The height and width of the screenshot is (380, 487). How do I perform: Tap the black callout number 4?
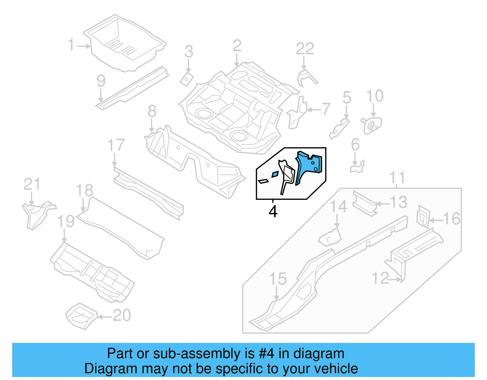coord(273,211)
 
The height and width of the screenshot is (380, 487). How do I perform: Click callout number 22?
coord(305,49)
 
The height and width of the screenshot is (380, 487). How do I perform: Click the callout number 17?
coord(116,145)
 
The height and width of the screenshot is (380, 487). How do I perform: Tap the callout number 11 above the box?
coord(397,177)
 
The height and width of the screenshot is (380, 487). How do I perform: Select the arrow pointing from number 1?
coord(84,46)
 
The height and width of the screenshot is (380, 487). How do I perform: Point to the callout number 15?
coord(278,279)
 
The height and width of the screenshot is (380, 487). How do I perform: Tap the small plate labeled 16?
coord(423,216)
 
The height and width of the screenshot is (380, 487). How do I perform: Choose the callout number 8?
coord(152,111)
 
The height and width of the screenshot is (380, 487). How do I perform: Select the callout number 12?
coord(380,278)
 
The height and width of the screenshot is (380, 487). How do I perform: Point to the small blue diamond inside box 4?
coord(275,174)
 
